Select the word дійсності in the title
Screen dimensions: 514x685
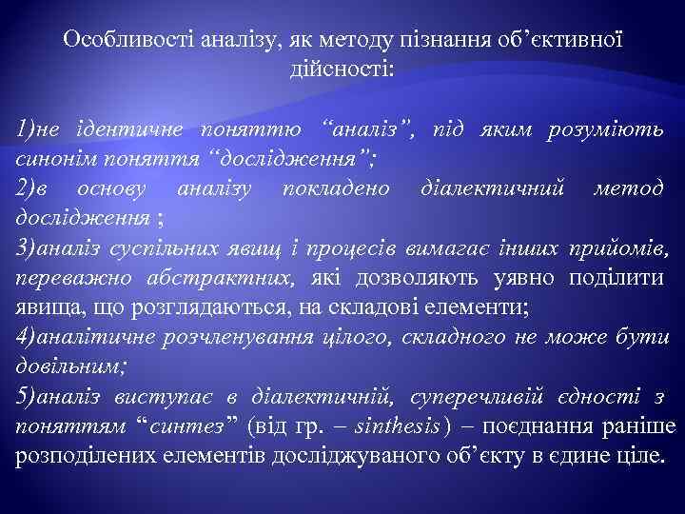point(340,69)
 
